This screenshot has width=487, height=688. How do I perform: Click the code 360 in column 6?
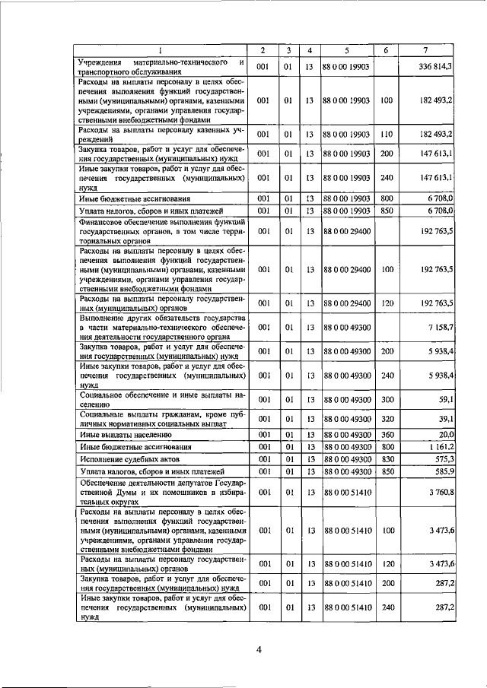[x=386, y=434]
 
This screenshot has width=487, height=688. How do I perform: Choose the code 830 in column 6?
[x=386, y=459]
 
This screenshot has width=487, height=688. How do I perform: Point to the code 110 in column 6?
[x=386, y=134]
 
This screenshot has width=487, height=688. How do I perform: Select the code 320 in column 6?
[x=386, y=418]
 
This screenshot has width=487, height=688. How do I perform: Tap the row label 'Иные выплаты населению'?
[x=121, y=434]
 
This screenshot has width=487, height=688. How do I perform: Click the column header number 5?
[x=346, y=50]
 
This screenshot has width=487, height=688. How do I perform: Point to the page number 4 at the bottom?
[x=258, y=648]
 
